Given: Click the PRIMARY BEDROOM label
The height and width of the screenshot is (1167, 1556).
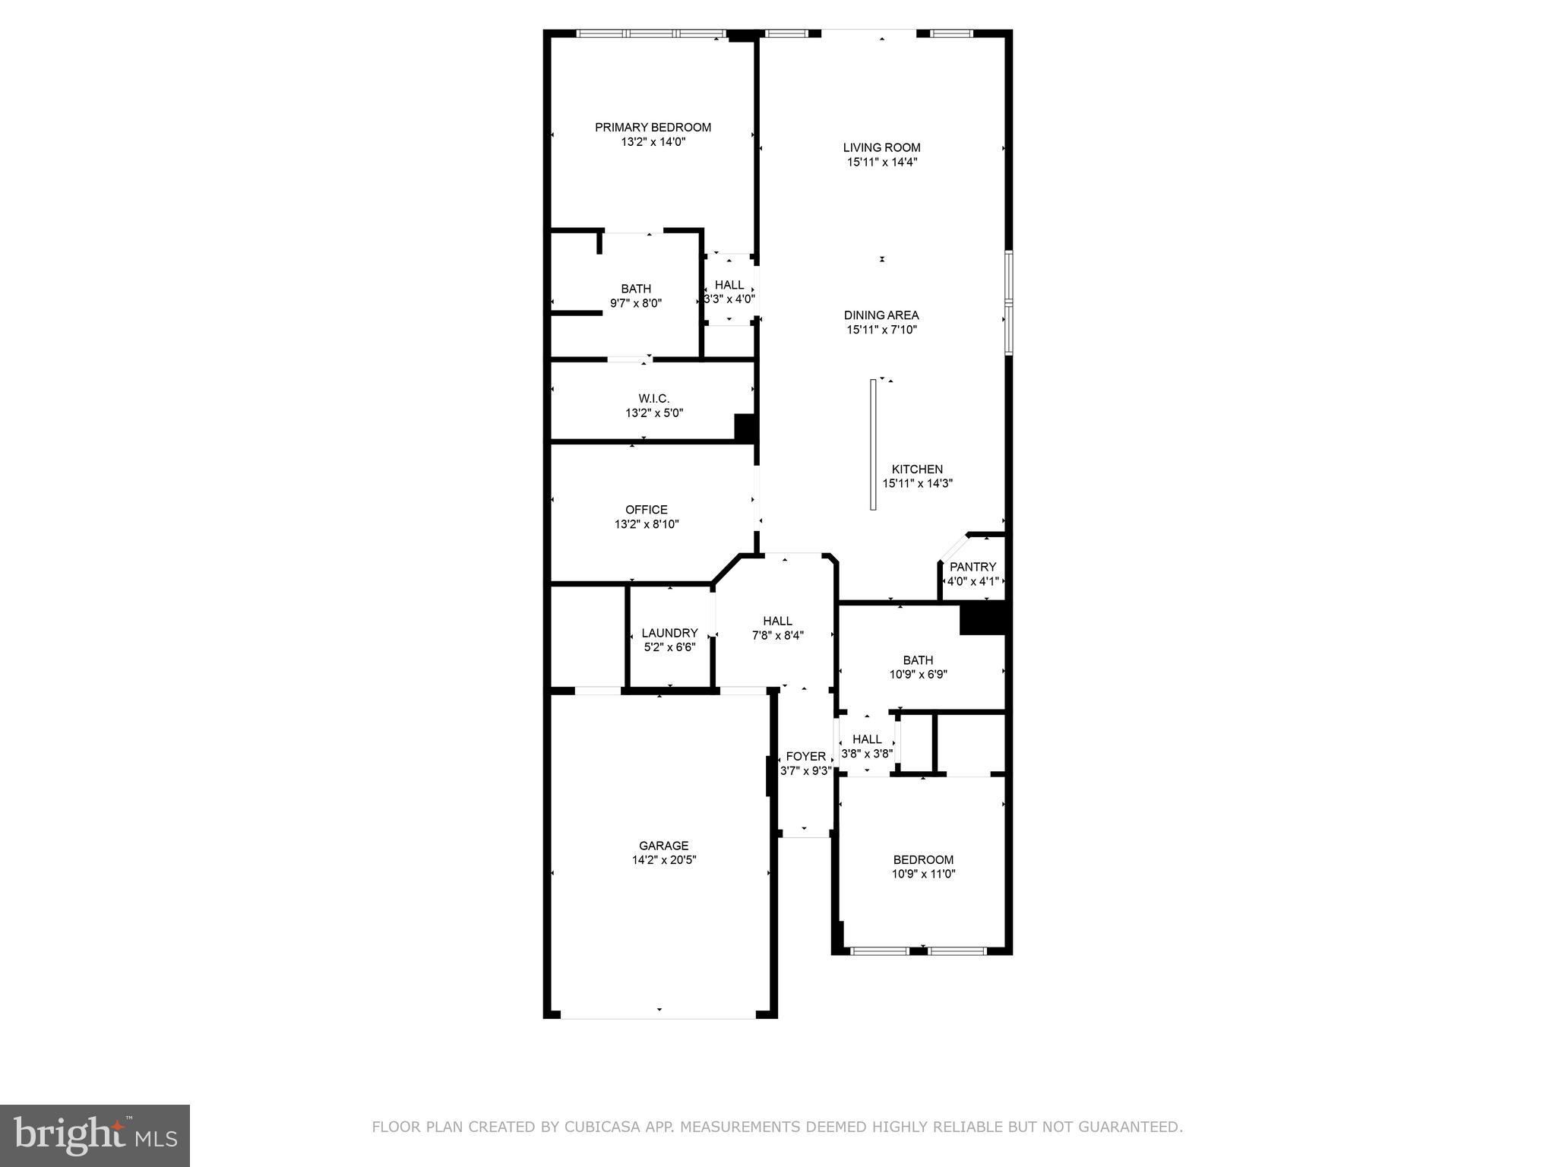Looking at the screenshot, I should (653, 128).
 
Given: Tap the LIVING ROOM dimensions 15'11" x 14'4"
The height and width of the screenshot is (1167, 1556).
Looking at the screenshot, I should (881, 162).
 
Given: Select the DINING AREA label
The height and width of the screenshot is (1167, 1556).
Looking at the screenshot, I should (881, 315).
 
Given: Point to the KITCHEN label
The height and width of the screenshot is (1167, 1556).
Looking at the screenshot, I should (917, 470).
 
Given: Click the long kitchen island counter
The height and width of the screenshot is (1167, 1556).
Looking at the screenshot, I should (874, 444).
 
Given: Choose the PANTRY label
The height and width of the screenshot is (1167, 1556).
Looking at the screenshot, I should (972, 567).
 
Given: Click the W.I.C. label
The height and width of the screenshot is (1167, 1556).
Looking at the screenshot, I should (653, 399).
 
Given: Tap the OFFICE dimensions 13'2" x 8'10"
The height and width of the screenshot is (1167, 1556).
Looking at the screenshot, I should (647, 524).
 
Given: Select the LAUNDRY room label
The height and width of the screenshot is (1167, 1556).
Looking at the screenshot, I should (669, 633).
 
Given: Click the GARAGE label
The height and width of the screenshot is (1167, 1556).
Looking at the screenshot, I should (663, 846).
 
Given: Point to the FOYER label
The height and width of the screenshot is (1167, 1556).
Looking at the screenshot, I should (805, 757).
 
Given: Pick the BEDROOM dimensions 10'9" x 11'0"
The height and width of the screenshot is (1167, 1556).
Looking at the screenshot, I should (923, 874).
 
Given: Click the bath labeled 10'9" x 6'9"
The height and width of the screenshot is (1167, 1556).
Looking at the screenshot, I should (918, 667).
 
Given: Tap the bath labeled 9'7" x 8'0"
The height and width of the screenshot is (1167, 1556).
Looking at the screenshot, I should (636, 296).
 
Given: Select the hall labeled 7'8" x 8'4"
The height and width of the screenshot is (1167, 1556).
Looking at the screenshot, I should (777, 628).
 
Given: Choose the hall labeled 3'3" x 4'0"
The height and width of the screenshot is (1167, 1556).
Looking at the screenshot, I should (729, 292).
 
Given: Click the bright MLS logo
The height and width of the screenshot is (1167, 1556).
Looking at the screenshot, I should (95, 1135).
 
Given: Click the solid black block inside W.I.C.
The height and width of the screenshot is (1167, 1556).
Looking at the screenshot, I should (745, 426).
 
